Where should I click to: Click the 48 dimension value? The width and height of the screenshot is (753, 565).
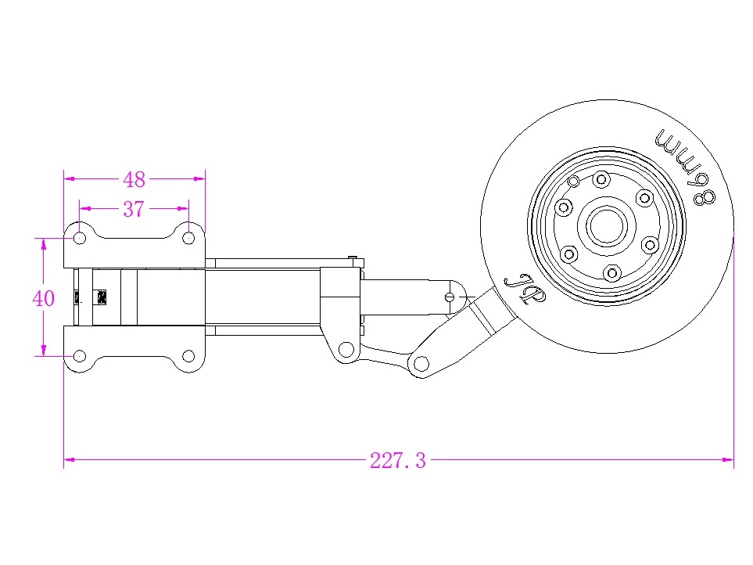134,179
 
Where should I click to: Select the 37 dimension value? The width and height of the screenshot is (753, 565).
134,209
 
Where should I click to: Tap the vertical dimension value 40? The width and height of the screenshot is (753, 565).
44,298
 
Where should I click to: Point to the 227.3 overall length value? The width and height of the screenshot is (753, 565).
398,460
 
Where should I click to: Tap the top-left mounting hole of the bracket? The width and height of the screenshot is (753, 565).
80,236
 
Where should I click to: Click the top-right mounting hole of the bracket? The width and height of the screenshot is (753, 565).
188,236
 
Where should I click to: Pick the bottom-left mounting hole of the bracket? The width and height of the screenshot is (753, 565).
80,356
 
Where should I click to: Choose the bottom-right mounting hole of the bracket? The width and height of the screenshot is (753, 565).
188,356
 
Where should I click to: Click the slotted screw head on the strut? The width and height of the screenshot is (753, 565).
449,297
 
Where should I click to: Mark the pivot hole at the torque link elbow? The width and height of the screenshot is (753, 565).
420,363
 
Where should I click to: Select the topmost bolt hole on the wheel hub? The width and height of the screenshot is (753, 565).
601,180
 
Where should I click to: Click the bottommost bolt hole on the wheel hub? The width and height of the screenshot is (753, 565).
612,272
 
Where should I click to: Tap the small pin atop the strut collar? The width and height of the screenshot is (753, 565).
354,258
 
